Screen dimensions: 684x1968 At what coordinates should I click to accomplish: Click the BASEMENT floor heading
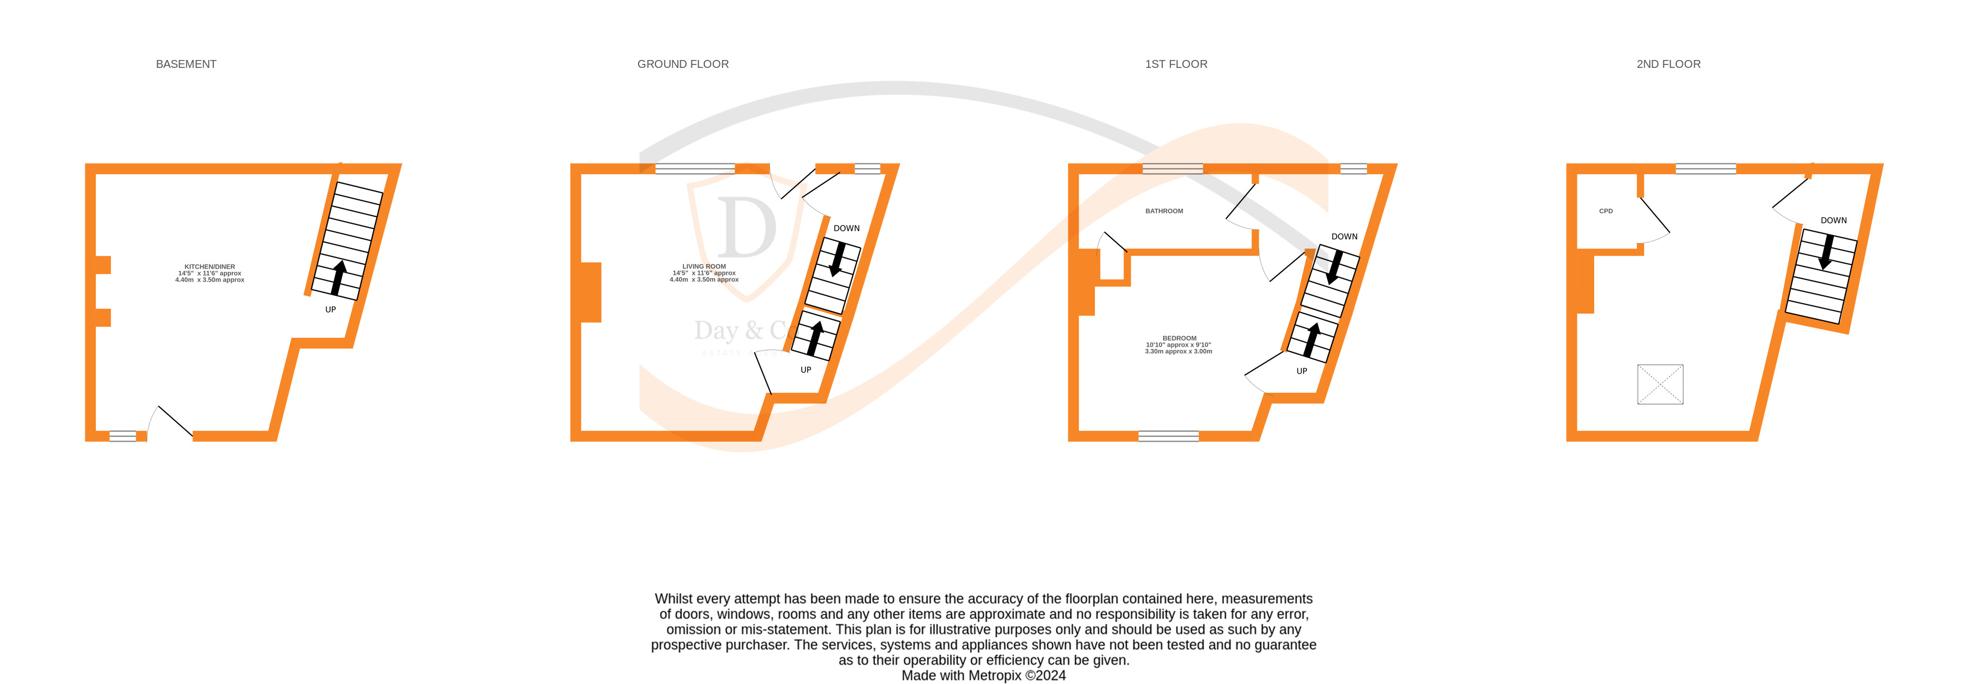pos(186,64)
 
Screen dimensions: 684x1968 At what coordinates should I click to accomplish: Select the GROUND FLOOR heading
pos(682,64)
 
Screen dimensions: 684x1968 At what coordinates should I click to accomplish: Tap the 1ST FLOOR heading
pos(1176,64)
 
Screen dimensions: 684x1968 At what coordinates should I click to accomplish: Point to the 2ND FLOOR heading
pos(1668,64)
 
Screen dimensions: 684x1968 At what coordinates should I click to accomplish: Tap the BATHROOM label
pos(1163,211)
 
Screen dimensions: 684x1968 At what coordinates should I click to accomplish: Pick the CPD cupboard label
pos(1605,211)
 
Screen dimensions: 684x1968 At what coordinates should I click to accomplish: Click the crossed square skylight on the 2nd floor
pos(1659,384)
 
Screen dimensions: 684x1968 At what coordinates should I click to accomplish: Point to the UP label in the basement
pos(330,310)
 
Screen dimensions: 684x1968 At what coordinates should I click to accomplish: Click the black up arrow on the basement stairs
pos(338,277)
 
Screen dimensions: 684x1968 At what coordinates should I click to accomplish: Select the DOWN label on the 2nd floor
pos(1833,220)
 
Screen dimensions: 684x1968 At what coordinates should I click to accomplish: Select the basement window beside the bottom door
pos(122,437)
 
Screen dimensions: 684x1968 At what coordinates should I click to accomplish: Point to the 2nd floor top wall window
pos(1705,169)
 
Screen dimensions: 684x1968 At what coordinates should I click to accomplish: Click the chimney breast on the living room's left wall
pos(590,292)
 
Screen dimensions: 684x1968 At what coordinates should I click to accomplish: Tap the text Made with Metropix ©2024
pos(983,676)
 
